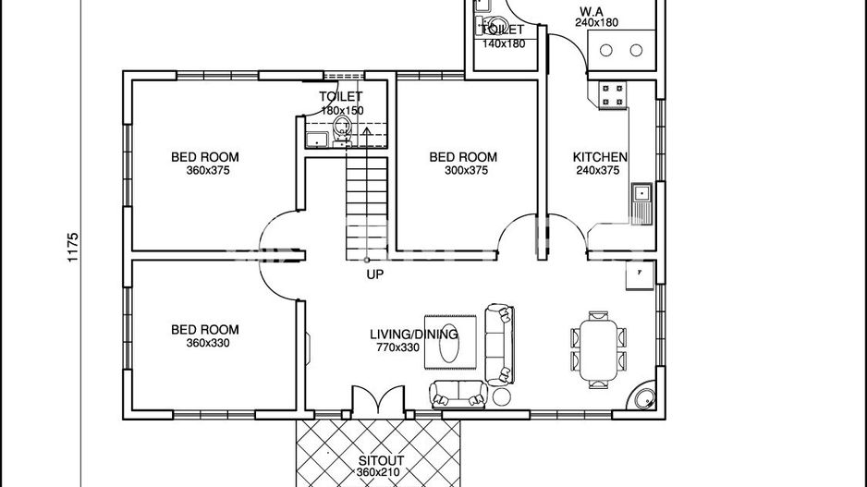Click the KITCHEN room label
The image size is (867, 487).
click(x=600, y=157)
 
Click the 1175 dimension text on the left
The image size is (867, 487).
click(x=74, y=248)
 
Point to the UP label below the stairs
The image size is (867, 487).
click(x=374, y=274)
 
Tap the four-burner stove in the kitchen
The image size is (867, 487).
click(x=612, y=92)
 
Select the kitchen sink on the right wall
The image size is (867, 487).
click(x=641, y=193)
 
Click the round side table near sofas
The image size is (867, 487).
click(x=502, y=396)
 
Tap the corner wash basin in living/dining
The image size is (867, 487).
click(x=641, y=398)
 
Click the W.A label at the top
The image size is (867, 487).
click(x=592, y=11)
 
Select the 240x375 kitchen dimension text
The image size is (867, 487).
click(x=600, y=171)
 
